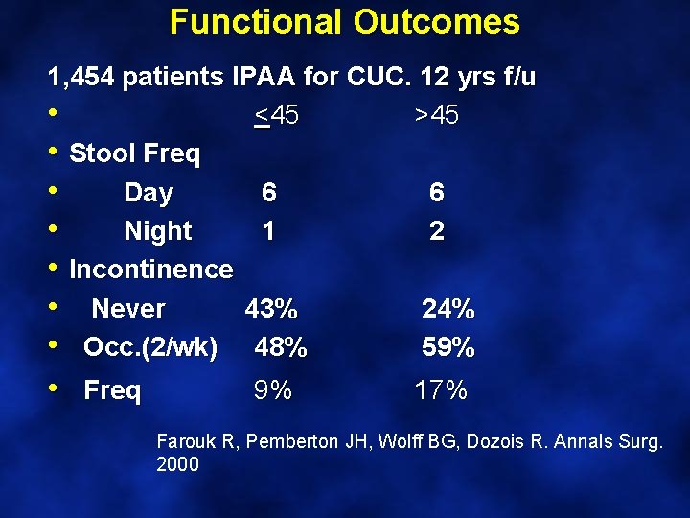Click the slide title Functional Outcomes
point(344,22)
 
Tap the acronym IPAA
point(264,77)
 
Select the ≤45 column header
point(276,116)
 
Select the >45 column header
point(436,116)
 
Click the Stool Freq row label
point(134,154)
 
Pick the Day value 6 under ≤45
point(269,193)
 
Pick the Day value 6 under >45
point(437,193)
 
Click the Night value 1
point(269,231)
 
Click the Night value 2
point(437,231)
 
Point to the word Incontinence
point(151,270)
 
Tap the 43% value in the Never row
point(271,309)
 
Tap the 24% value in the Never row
point(448,309)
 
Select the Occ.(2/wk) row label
point(150,347)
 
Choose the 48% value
point(281,347)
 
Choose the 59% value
point(448,347)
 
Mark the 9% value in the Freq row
point(273,390)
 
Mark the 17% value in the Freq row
point(441,390)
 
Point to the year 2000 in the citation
point(177,465)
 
